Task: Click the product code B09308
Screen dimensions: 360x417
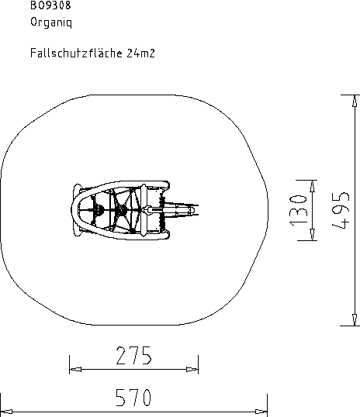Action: tap(50, 5)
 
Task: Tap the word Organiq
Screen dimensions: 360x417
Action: tap(51, 22)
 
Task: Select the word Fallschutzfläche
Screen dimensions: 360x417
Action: tap(76, 53)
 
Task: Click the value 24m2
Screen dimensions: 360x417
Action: tap(140, 53)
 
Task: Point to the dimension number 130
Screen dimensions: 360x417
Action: tap(298, 210)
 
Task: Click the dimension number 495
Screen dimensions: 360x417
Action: tap(341, 210)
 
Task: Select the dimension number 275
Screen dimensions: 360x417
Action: tap(134, 355)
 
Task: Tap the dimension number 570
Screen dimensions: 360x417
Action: tap(133, 398)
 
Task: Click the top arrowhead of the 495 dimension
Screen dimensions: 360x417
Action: tap(355, 101)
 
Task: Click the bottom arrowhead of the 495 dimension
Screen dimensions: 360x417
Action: tap(355, 319)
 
